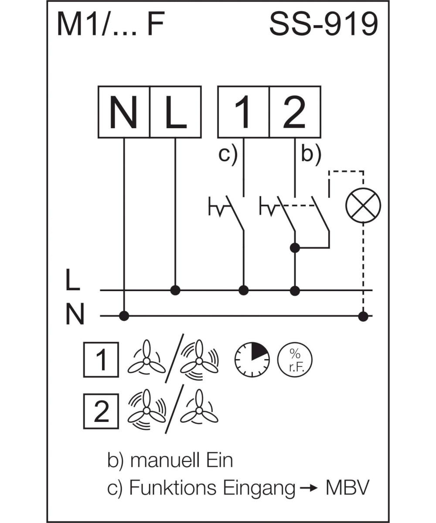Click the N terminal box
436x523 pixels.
point(124,112)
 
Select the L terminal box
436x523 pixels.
point(175,112)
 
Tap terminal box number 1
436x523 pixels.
point(243,112)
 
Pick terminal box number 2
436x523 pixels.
point(295,112)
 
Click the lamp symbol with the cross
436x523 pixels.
point(363,205)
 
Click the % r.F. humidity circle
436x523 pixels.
point(295,360)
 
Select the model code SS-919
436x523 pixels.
point(323,25)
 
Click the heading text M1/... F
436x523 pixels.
point(110,25)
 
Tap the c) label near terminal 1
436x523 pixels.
point(228,154)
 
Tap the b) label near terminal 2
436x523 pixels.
point(310,154)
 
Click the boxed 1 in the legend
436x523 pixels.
point(101,360)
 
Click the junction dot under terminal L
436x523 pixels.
point(175,290)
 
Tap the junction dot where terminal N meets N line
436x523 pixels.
point(124,316)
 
